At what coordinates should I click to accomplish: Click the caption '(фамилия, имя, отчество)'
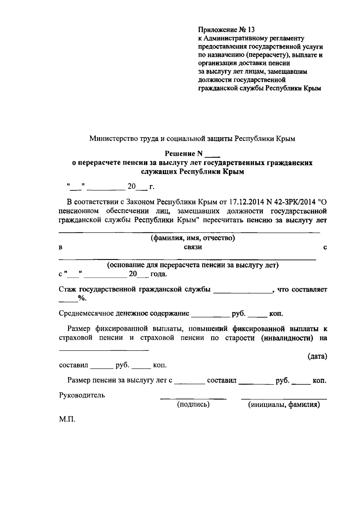click(x=192, y=238)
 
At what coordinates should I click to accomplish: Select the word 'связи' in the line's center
click(x=193, y=247)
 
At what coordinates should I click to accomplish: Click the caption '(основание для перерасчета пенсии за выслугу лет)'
click(x=192, y=265)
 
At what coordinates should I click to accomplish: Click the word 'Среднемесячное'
click(x=85, y=314)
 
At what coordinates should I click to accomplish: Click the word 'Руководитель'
click(x=82, y=395)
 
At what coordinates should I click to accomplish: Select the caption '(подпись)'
click(x=193, y=404)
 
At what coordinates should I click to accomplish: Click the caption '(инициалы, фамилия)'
click(x=283, y=405)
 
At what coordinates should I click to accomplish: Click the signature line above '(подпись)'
click(x=193, y=399)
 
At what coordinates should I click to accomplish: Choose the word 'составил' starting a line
click(x=73, y=366)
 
